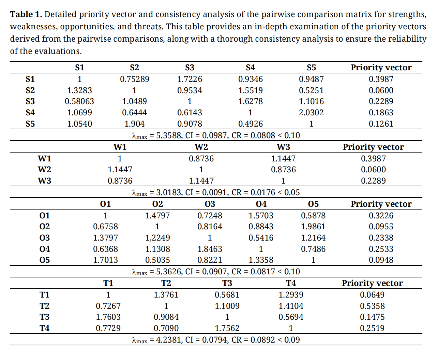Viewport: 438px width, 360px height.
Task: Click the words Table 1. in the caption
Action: [26, 14]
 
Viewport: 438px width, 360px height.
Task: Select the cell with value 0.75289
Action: [134, 79]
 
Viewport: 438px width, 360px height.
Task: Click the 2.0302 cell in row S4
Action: [311, 113]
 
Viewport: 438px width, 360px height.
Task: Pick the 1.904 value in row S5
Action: [134, 124]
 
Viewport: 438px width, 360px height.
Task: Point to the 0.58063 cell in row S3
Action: [79, 101]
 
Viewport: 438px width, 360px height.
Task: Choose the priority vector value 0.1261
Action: [381, 124]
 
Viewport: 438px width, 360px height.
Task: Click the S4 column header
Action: [250, 67]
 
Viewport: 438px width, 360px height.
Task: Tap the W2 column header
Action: [201, 147]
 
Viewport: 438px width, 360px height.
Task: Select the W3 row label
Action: [44, 181]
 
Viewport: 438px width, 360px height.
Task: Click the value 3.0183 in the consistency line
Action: [168, 192]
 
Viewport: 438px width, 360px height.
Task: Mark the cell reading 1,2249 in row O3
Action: [157, 237]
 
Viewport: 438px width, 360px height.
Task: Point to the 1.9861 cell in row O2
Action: [313, 226]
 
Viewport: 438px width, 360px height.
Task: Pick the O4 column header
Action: [261, 204]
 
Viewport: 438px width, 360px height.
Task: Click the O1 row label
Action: [44, 215]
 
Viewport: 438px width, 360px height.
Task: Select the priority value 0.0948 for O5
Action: [381, 260]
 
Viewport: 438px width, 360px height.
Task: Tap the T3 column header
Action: [227, 283]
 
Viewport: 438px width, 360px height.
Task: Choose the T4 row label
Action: [44, 328]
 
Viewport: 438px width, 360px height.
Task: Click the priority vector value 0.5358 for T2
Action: [372, 306]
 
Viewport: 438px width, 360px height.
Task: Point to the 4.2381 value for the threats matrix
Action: [168, 340]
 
